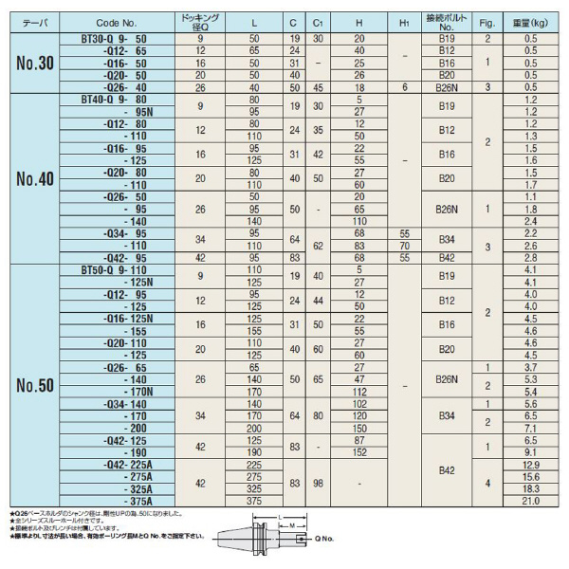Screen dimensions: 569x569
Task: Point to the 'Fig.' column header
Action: [x=486, y=19]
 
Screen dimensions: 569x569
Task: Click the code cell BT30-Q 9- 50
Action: [x=120, y=38]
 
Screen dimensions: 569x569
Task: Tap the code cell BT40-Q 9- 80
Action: [x=120, y=98]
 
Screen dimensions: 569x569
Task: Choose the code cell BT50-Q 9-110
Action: [x=120, y=269]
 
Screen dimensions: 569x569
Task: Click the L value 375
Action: [x=253, y=501]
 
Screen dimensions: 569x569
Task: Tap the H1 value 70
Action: [x=405, y=245]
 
